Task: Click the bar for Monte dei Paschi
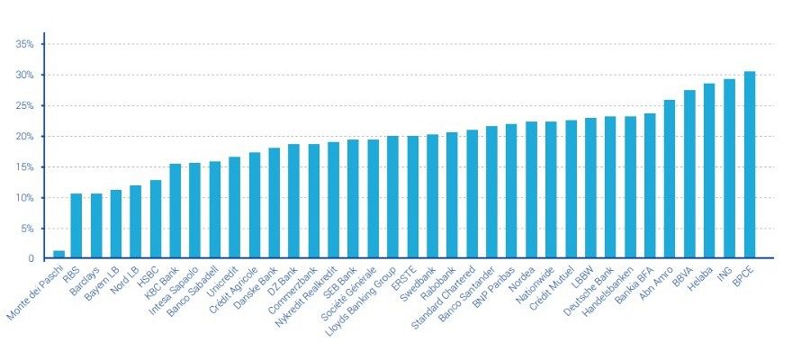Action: tap(58, 255)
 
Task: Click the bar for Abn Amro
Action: tap(670, 179)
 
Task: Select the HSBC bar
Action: tap(156, 220)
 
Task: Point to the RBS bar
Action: tap(76, 226)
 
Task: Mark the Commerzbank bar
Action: tap(314, 202)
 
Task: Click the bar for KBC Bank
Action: tap(175, 211)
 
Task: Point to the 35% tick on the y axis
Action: tap(24, 44)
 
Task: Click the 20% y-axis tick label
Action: tap(24, 137)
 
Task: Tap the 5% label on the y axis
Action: tap(27, 229)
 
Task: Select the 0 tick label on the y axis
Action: tap(31, 259)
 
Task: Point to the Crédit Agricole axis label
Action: tap(232, 285)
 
